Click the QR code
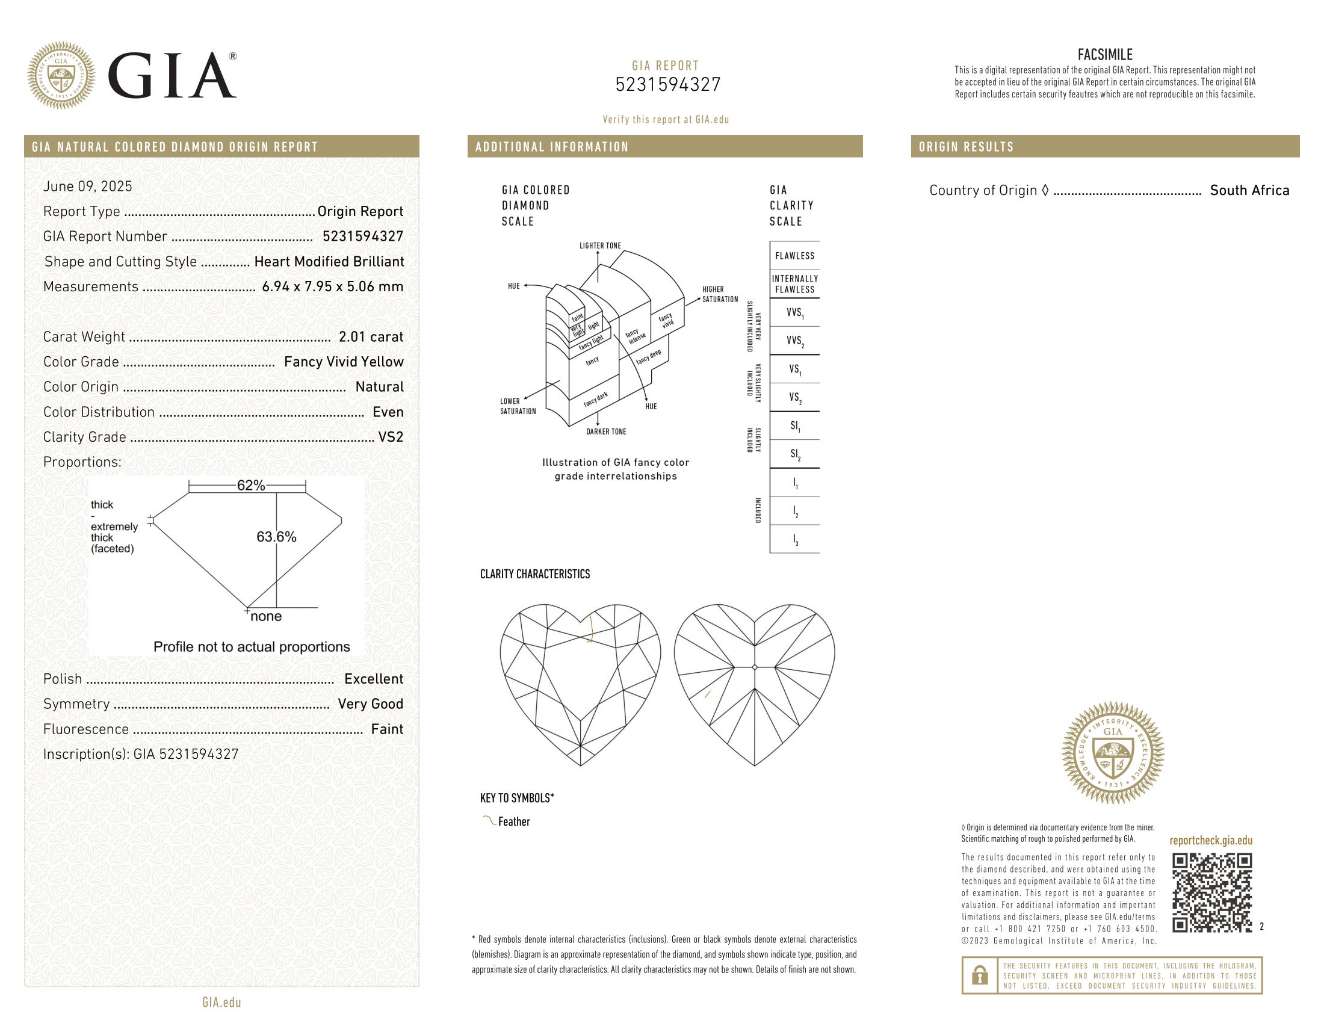(x=1212, y=892)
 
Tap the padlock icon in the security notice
(x=980, y=975)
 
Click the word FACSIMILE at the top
(x=1104, y=55)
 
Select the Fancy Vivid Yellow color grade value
(x=344, y=362)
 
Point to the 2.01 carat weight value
(x=371, y=337)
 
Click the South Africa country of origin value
(x=1249, y=190)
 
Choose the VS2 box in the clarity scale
(x=795, y=397)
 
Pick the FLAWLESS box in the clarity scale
(x=795, y=256)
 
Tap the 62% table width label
(x=251, y=486)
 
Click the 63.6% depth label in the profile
(x=276, y=537)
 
